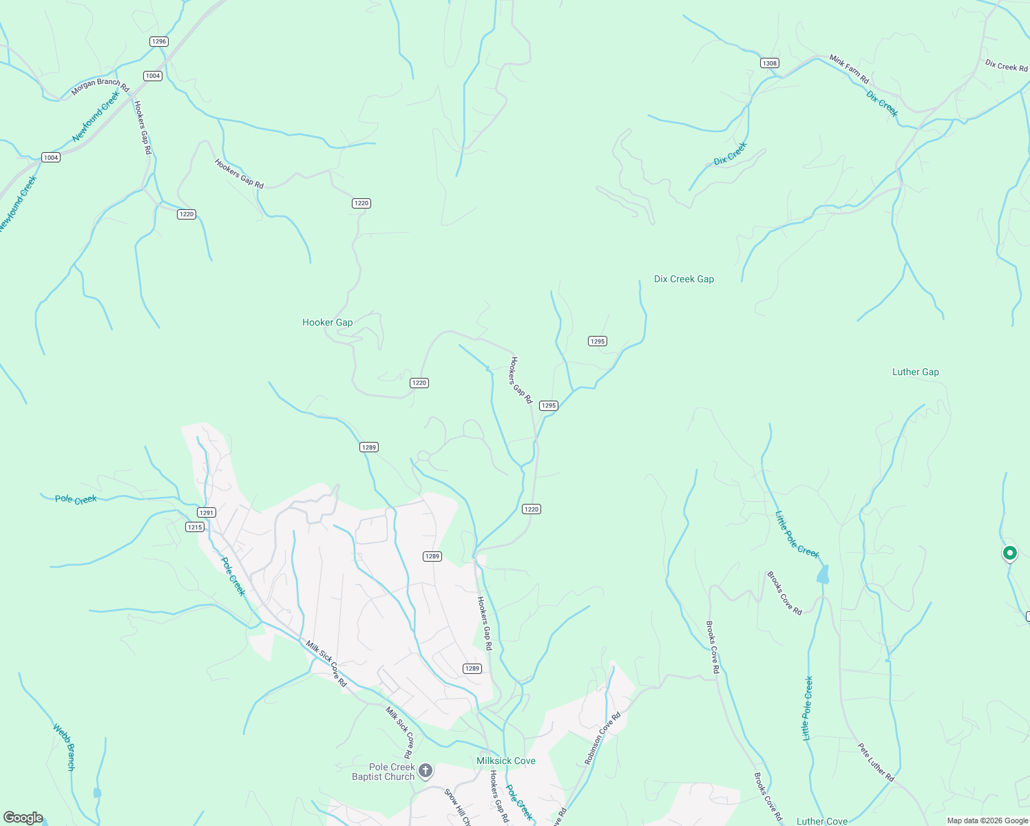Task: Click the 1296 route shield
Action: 159,41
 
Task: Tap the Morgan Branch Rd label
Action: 101,86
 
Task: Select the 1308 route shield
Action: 769,63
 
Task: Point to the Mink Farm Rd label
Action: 849,70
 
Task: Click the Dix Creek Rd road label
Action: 1006,66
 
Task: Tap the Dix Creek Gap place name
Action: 684,279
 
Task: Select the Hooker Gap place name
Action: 327,322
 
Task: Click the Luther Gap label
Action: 915,372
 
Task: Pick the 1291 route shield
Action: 207,512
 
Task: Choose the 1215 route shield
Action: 195,527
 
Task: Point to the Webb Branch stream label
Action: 64,747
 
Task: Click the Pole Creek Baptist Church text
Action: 383,772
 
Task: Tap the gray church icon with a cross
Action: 425,770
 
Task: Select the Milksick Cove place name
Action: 506,761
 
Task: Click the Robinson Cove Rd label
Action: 602,739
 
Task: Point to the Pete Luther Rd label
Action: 876,762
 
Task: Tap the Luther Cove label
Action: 821,821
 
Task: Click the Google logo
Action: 23,818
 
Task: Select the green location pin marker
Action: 1009,553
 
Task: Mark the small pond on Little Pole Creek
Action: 823,574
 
